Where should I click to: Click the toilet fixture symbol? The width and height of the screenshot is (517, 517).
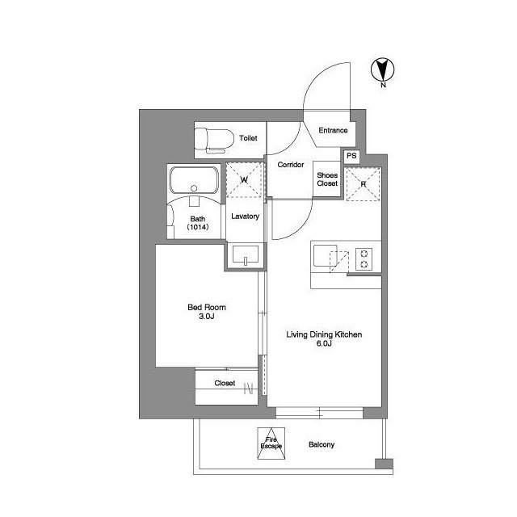click(213, 141)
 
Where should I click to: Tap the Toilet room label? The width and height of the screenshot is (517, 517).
click(248, 138)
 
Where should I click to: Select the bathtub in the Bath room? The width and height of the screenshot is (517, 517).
click(194, 180)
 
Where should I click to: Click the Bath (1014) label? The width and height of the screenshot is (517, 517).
click(197, 223)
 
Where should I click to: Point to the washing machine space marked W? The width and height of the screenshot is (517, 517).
click(244, 179)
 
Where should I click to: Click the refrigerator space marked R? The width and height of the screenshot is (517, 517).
click(363, 184)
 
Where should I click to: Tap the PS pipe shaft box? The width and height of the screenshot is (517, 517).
click(351, 156)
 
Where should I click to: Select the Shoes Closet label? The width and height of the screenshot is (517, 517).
click(327, 179)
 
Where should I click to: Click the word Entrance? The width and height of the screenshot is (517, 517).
click(333, 130)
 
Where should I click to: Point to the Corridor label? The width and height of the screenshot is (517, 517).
click(291, 165)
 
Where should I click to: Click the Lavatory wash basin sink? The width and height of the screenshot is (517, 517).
click(246, 254)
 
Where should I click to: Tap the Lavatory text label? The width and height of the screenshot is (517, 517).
click(245, 216)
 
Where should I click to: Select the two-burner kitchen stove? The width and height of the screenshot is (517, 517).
click(364, 258)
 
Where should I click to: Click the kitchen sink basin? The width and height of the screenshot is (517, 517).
click(325, 255)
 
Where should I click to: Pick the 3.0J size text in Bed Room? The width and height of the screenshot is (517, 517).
click(207, 317)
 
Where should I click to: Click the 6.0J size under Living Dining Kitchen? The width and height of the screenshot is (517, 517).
click(324, 343)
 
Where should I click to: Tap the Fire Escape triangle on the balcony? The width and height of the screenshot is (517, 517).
click(271, 443)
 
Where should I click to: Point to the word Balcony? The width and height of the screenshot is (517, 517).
click(322, 444)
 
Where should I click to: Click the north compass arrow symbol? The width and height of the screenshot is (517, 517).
click(382, 69)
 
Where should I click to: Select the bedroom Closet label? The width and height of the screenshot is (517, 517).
click(225, 383)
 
